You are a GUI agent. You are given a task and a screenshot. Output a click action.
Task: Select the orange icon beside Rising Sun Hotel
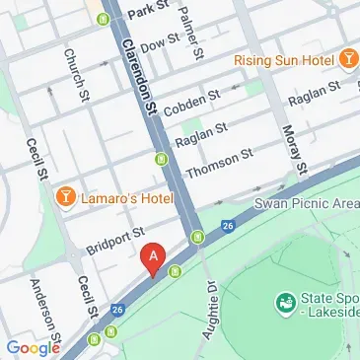tap(347, 60)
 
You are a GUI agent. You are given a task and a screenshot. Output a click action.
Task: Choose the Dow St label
tap(158, 44)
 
